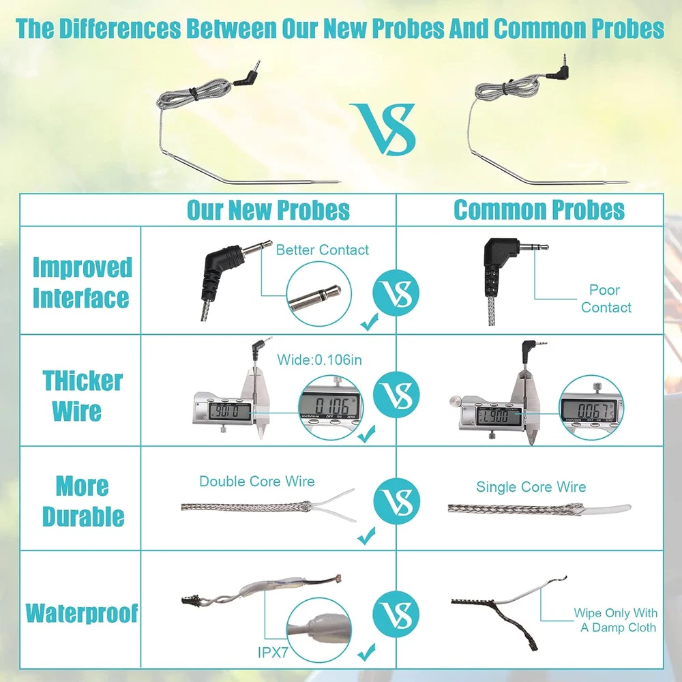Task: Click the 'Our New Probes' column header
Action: click(268, 210)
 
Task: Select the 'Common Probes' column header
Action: click(539, 210)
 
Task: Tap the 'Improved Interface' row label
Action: click(83, 282)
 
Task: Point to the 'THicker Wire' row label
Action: click(82, 396)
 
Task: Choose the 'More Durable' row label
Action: click(83, 501)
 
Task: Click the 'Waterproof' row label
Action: click(82, 613)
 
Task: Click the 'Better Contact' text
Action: click(323, 250)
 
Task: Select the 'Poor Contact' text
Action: click(606, 299)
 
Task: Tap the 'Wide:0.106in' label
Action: click(319, 359)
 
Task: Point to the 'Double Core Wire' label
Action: click(256, 481)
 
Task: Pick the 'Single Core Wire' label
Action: click(531, 487)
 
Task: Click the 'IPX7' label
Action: click(273, 653)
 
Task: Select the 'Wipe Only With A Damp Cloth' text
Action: click(615, 620)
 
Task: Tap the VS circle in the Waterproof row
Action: click(396, 614)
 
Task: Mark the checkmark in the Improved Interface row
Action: click(369, 323)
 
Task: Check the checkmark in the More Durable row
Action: click(366, 535)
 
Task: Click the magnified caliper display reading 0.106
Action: click(330, 408)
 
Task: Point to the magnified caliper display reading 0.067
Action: click(591, 408)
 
